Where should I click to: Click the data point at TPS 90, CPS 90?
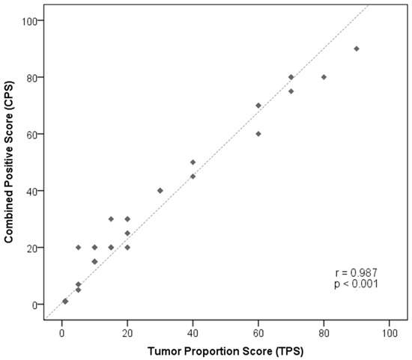tap(357, 49)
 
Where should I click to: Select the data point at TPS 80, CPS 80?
tap(324, 77)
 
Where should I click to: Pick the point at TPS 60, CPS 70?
tap(258, 106)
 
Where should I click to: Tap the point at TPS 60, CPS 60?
tap(258, 134)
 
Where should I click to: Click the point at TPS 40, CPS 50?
tap(193, 162)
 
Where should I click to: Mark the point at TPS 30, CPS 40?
tap(160, 190)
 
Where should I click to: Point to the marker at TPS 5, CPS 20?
tap(78, 247)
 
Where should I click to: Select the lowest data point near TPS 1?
tap(65, 301)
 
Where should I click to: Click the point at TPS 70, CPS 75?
tap(291, 91)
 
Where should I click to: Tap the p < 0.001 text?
tap(357, 284)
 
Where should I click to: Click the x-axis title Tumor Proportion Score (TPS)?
tap(225, 350)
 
